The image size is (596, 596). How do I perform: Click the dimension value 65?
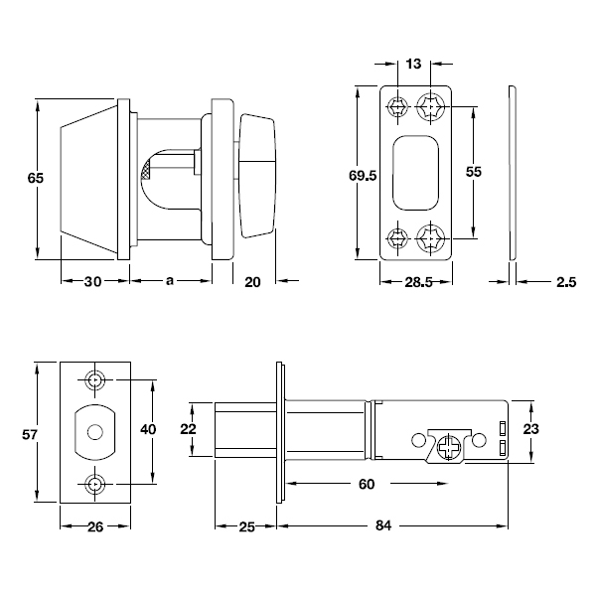tap(35, 179)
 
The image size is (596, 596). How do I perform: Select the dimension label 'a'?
tap(170, 282)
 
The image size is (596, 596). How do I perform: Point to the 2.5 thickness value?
tap(566, 283)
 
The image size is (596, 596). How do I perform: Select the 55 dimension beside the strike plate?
tap(474, 172)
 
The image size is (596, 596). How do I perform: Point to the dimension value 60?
tap(366, 484)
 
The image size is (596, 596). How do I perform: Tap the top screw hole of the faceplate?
tap(95, 380)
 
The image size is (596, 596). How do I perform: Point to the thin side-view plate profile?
tap(512, 174)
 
